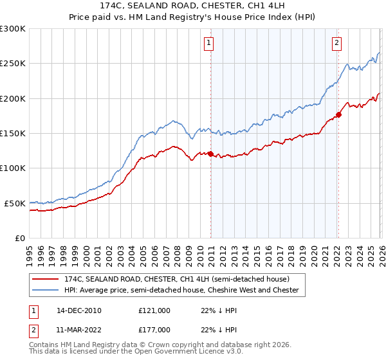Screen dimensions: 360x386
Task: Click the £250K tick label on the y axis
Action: [x=12, y=64]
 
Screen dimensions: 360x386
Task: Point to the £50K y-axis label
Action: [x=14, y=203]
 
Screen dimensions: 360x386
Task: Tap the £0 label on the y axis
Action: [x=19, y=238]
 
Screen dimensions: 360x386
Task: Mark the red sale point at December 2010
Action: [x=210, y=154]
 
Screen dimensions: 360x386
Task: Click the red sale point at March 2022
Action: [x=338, y=114]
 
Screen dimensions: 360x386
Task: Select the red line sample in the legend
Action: [x=46, y=280]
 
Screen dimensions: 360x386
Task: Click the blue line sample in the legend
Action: [x=46, y=291]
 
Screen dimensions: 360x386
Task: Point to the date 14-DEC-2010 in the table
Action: [x=79, y=310]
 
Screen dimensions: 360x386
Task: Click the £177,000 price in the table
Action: [x=154, y=329]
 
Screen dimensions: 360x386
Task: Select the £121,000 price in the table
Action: [x=154, y=310]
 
